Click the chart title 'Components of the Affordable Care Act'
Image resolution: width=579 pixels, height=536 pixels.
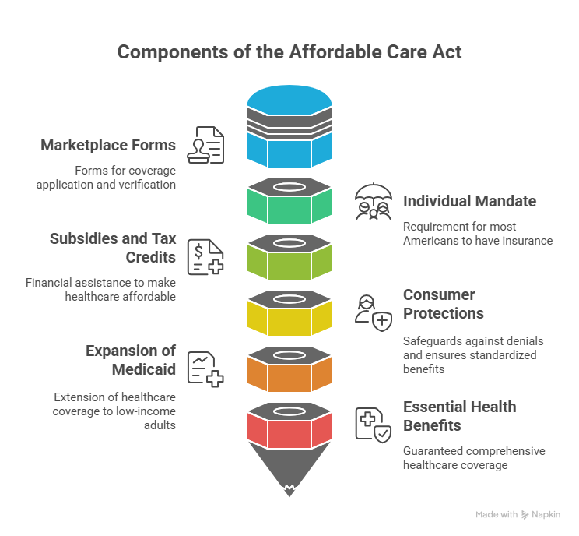[x=289, y=53]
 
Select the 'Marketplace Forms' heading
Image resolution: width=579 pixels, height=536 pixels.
[x=108, y=146]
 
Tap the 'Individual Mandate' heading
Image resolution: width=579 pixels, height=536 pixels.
[x=469, y=201]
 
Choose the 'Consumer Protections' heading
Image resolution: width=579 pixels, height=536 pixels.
[x=443, y=304]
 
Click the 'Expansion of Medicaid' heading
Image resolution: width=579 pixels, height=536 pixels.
[x=131, y=360]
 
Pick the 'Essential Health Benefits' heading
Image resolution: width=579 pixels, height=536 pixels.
[x=459, y=416]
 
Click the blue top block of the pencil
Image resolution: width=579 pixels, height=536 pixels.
[x=289, y=148]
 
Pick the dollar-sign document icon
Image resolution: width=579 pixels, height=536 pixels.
[x=206, y=256]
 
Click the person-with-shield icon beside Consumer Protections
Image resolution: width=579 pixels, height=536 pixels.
[x=373, y=312]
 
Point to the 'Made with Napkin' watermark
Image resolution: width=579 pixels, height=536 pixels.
[x=517, y=514]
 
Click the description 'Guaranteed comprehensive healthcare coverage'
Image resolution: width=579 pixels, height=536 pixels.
[x=474, y=458]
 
